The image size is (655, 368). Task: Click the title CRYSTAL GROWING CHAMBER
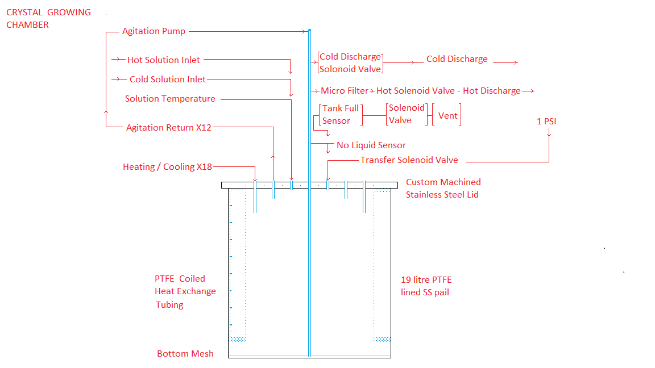48,18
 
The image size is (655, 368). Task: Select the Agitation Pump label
154,31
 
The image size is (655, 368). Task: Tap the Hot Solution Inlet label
164,60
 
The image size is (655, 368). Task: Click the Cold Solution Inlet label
168,80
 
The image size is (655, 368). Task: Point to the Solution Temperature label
170,99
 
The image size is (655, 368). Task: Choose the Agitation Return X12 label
169,128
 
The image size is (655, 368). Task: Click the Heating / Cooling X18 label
167,167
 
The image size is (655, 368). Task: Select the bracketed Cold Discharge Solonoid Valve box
350,63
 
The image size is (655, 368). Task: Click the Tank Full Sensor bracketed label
340,114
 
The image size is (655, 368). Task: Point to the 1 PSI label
546,122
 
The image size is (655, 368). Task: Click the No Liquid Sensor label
371,145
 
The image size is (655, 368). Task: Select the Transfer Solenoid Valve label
409,160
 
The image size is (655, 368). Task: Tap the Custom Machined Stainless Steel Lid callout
443,189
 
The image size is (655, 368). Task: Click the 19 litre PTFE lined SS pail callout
426,286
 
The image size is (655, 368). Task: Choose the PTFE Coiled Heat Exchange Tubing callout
185,291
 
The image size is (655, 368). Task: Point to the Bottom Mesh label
185,354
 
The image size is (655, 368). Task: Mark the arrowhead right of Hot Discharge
532,91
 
